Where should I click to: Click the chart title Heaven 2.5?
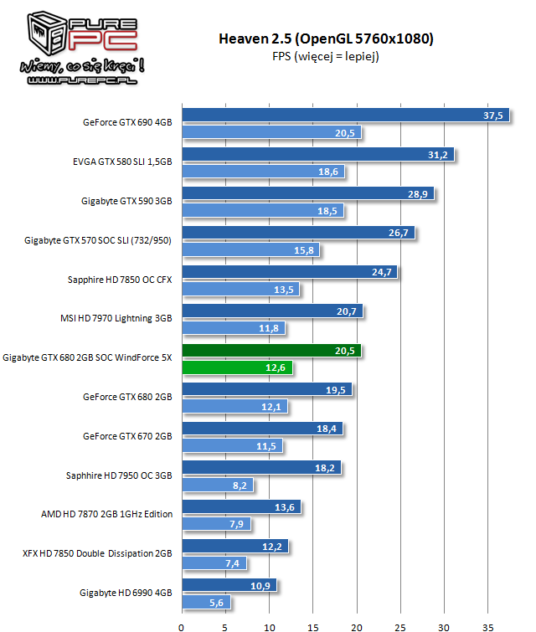coord(326,39)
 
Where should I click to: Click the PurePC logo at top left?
coord(75,46)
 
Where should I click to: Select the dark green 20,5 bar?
coord(271,351)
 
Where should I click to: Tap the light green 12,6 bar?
coord(237,367)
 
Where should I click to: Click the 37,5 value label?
coord(494,116)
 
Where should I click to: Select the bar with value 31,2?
coord(318,155)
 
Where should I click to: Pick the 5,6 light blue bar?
coord(206,602)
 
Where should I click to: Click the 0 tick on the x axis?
coord(182,624)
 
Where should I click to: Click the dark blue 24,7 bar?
coord(290,272)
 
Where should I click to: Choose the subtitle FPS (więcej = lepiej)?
coord(326,57)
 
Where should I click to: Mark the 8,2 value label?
coord(240,485)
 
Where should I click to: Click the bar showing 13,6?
coord(241,506)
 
